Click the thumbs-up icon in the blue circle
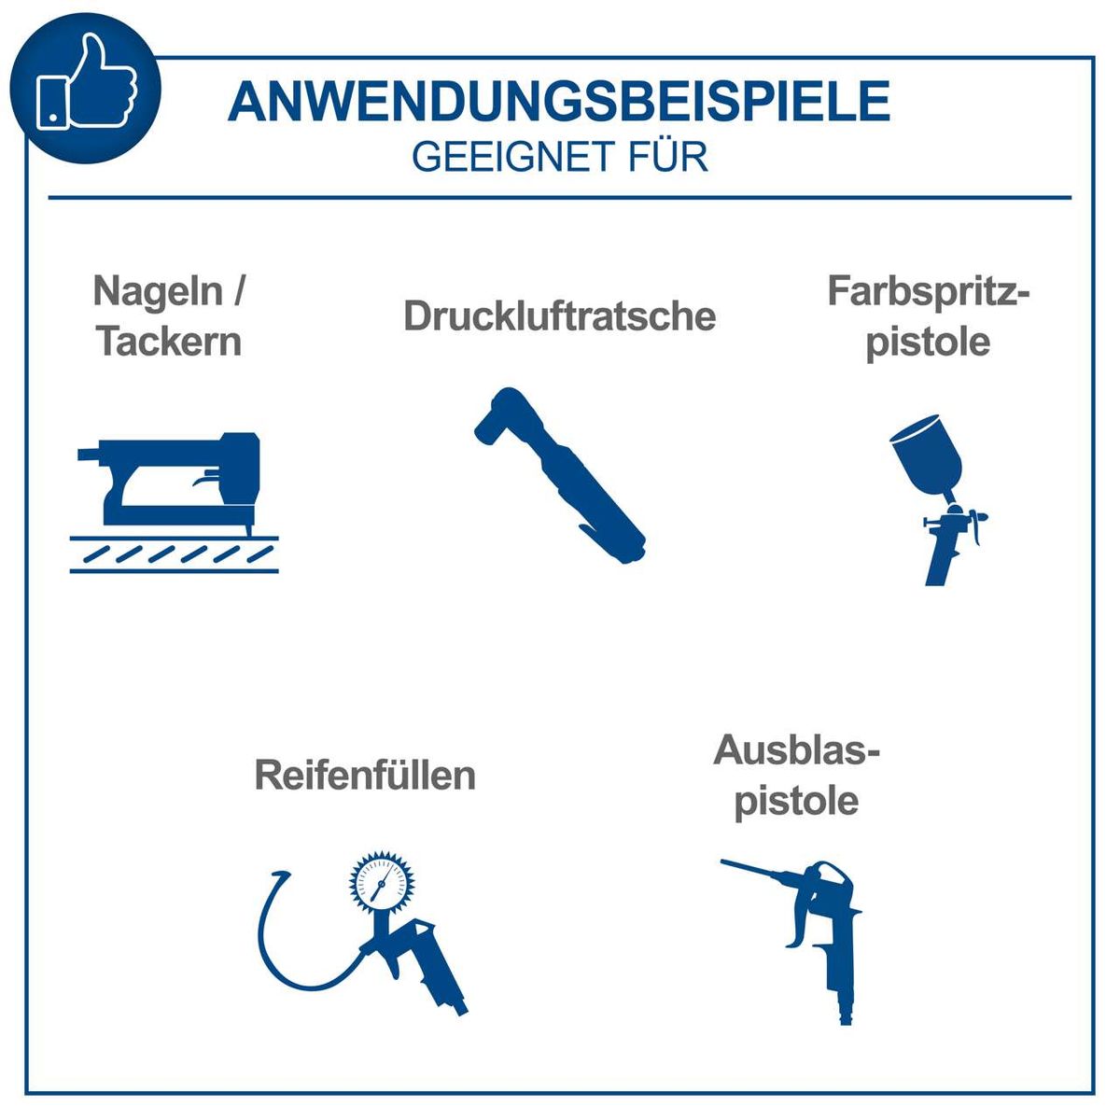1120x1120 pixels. [x=86, y=85]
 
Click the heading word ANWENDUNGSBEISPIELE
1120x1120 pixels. [x=558, y=102]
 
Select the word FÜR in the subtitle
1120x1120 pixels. [x=667, y=156]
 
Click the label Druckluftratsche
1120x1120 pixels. [x=559, y=316]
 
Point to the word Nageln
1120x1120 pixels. [x=158, y=292]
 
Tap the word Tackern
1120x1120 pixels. [x=169, y=342]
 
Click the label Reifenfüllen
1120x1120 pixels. [x=365, y=776]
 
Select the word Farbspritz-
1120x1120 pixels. [x=928, y=292]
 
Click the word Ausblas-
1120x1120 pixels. [x=796, y=751]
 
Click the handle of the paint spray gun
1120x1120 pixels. [x=938, y=560]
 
